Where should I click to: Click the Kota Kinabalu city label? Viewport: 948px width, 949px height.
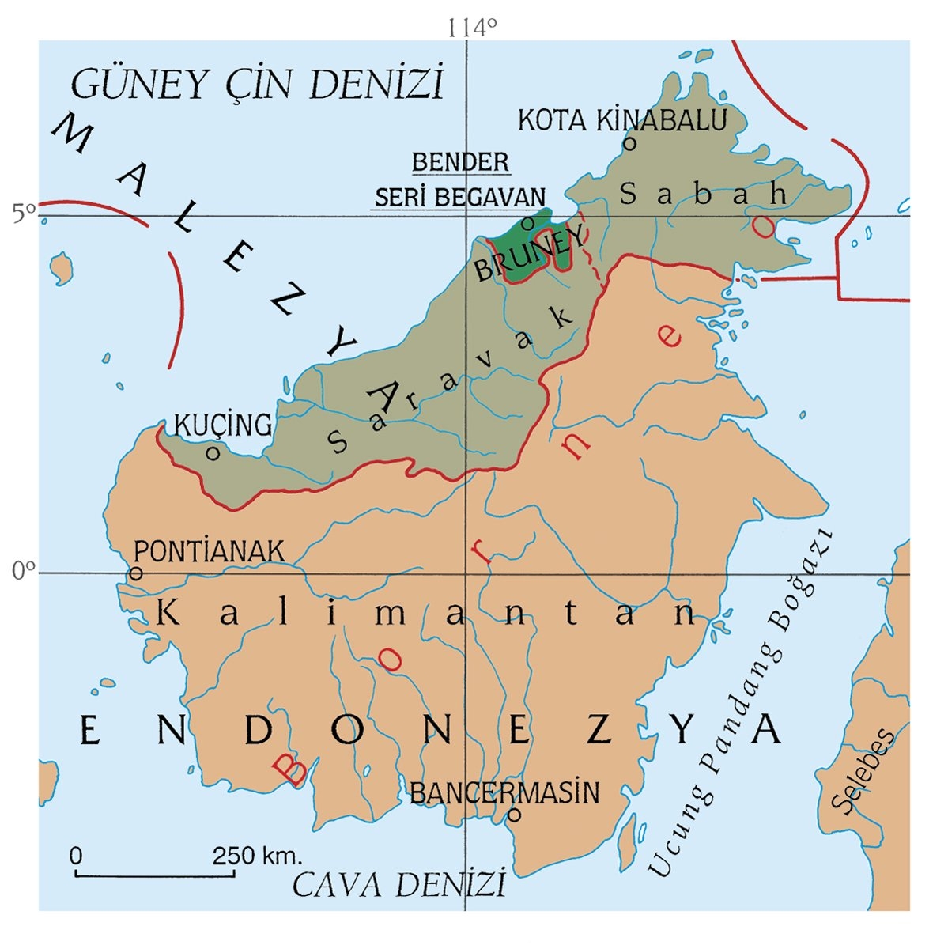coord(621,121)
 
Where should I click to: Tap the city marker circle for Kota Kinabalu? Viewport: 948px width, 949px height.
coord(630,143)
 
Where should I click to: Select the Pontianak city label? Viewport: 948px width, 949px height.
coord(209,550)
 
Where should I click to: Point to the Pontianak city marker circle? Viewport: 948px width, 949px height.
coord(136,573)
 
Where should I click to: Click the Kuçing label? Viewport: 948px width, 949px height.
coord(222,425)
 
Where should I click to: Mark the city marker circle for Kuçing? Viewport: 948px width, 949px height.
coord(212,453)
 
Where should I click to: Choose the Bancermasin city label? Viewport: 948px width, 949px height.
coord(504,792)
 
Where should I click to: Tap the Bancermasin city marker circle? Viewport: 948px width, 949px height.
coord(514,814)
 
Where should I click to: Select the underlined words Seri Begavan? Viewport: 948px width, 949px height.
coord(459,197)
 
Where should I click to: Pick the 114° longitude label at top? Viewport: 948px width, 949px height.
coord(472,28)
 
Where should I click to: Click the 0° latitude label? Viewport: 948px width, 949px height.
coord(24,571)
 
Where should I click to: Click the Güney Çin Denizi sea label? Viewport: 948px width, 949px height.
coord(257,84)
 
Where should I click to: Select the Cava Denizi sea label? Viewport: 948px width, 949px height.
coord(398,884)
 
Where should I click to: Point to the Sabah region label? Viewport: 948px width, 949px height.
coord(703,193)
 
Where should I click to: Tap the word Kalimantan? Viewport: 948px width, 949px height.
coord(427,614)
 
